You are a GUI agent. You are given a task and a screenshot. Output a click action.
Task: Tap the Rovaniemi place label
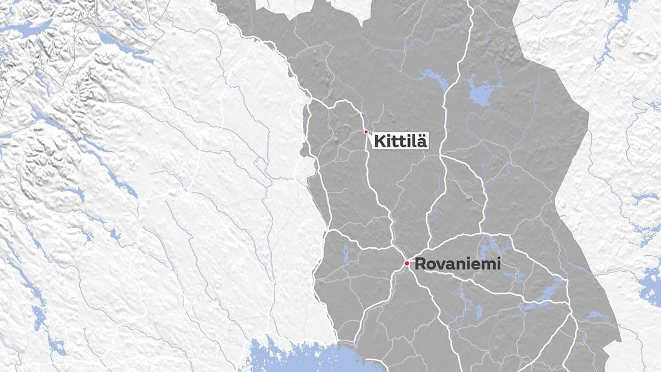(x=457, y=263)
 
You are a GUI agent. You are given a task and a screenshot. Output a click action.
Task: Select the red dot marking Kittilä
(x=366, y=132)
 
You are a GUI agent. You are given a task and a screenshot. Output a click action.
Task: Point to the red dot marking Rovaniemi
(x=407, y=263)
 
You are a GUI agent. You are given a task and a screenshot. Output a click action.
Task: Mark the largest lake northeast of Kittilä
(x=480, y=93)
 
